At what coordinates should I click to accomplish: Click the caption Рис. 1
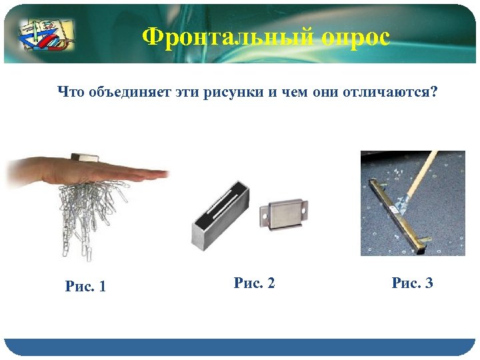pos(86,286)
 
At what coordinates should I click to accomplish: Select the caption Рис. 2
pos(255,283)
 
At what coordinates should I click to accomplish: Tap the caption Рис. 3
pos(413,283)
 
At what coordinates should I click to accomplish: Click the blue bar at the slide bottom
pos(240,347)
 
